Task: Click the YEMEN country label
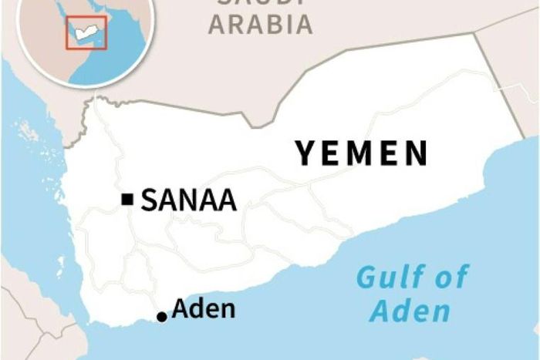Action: [x=362, y=153]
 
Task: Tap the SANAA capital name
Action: [x=188, y=201]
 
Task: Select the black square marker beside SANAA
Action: [x=127, y=200]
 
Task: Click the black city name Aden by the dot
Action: [x=203, y=309]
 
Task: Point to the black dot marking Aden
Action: [x=161, y=316]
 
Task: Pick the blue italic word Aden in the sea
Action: [x=409, y=311]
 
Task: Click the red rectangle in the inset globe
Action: [x=86, y=32]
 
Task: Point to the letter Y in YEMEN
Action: [x=306, y=153]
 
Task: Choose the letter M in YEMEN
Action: [x=362, y=153]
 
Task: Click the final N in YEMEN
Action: [x=415, y=153]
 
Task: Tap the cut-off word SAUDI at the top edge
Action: [x=261, y=2]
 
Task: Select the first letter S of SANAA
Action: [x=149, y=201]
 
